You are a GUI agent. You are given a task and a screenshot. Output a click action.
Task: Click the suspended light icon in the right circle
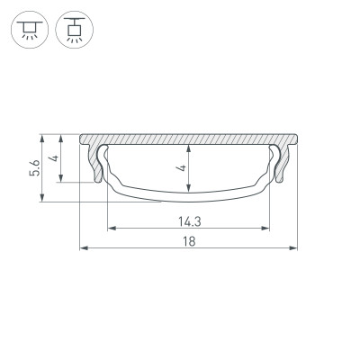[70, 31]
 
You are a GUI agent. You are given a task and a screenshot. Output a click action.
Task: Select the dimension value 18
[188, 240]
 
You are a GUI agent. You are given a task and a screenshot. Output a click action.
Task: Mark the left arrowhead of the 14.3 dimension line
[110, 227]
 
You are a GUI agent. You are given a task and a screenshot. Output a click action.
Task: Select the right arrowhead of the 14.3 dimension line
[268, 227]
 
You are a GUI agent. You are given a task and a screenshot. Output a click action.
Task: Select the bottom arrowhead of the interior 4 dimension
[188, 189]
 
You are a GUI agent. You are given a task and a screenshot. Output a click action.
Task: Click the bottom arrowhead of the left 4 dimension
[61, 180]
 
